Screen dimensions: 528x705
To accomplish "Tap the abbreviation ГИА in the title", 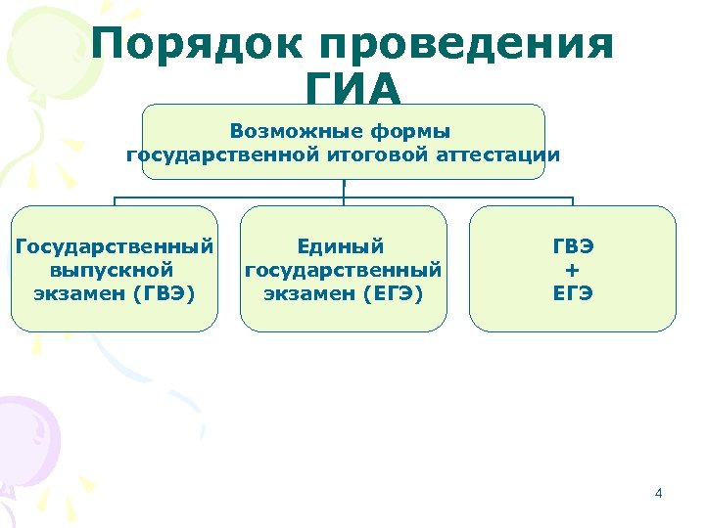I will click(352, 92).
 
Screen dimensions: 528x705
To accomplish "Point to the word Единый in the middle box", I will click(342, 245).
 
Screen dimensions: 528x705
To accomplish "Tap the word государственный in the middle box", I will click(344, 268).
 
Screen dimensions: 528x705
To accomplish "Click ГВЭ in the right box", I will click(572, 245).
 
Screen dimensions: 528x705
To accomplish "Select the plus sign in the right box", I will click(572, 269).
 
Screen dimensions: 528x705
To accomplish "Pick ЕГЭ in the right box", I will click(572, 291).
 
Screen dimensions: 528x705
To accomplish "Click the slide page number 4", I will click(658, 493).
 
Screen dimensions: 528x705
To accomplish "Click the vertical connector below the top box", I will click(344, 190).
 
